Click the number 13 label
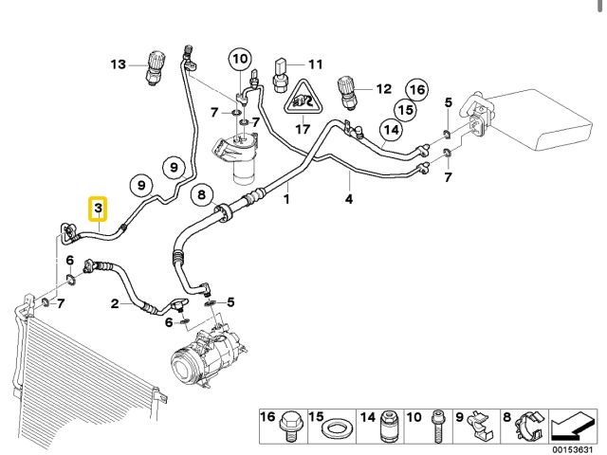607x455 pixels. (x=118, y=64)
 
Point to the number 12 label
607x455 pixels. (x=383, y=89)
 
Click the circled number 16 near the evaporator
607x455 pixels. (x=415, y=90)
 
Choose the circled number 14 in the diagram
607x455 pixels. (x=391, y=129)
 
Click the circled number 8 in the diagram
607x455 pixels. (x=200, y=196)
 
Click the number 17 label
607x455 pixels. (x=302, y=129)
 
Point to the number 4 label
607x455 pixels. (x=348, y=199)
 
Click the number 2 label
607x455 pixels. (x=115, y=303)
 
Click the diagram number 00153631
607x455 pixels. (x=572, y=448)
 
